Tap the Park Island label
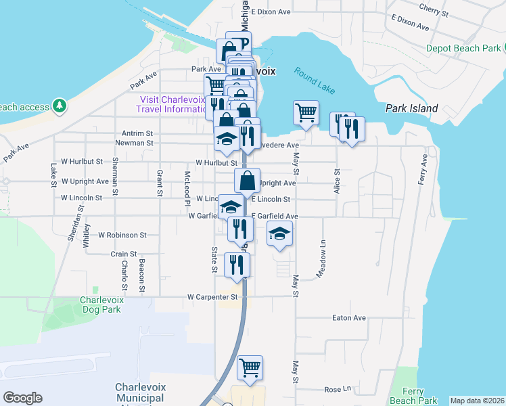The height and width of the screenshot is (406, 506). pos(411,108)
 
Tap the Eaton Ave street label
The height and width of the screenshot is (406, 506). pos(348,317)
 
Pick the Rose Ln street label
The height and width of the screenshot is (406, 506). pos(338,390)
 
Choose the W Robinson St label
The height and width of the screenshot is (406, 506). pos(122,235)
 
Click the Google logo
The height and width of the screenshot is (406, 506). pos(22,398)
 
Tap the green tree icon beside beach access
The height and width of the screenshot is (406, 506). pos(60,106)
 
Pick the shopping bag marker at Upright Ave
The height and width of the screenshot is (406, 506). pos(247,181)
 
